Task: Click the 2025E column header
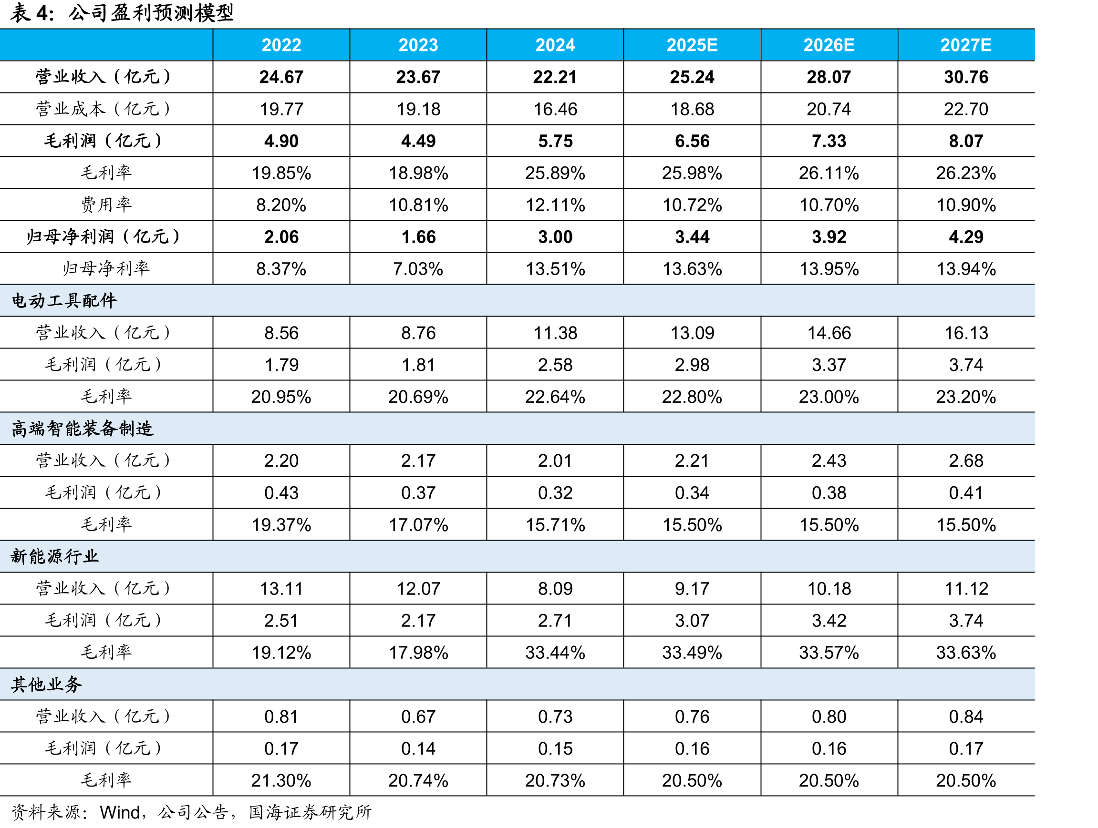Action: [x=692, y=45]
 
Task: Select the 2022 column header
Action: [x=281, y=45]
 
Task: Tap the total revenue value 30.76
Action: [x=966, y=77]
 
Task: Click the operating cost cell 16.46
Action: [x=555, y=109]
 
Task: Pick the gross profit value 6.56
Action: [x=692, y=141]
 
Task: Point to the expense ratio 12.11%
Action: [x=555, y=205]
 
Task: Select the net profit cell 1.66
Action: [x=418, y=236]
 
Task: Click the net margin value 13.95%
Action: [x=829, y=269]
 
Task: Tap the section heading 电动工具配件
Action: [x=64, y=301]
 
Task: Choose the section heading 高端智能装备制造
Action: [x=83, y=429]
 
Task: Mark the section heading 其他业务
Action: [x=46, y=685]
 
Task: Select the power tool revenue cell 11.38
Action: [x=555, y=333]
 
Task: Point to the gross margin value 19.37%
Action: [x=281, y=525]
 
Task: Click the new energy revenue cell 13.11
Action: [x=281, y=589]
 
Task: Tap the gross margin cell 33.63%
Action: [x=966, y=653]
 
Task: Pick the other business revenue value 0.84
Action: [x=966, y=716]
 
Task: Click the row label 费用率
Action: [x=106, y=204]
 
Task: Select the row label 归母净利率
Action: [x=106, y=268]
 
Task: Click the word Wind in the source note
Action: [x=120, y=813]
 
